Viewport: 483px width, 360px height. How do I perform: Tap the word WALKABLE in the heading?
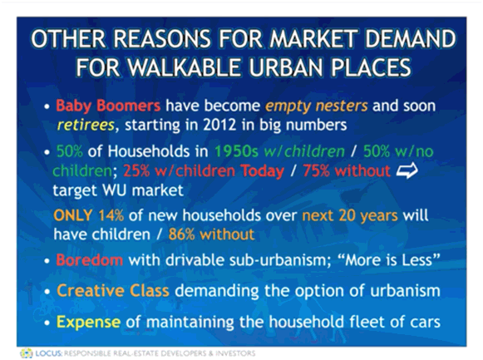(x=184, y=67)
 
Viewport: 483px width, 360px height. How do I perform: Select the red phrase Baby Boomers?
(x=108, y=106)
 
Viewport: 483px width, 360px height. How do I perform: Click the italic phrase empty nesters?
(x=317, y=106)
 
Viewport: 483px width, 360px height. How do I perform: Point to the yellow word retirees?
(x=86, y=125)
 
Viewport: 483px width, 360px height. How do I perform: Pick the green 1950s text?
(x=236, y=151)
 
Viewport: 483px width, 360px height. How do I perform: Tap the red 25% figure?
(x=136, y=170)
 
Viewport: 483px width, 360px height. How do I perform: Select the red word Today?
(x=263, y=171)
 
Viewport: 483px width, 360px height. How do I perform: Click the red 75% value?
(x=316, y=170)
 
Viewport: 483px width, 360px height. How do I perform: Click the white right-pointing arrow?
(x=407, y=170)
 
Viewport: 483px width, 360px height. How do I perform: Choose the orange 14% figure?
(x=111, y=215)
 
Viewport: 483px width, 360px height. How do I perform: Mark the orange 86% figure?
(x=182, y=234)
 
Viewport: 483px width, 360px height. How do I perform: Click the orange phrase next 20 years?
(x=350, y=215)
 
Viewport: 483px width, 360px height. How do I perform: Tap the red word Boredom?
(x=89, y=260)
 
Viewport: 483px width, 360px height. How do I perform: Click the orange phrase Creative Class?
(x=113, y=291)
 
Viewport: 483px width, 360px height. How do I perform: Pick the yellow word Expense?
(x=88, y=323)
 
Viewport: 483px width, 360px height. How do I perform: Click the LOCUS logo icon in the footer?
(x=26, y=353)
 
